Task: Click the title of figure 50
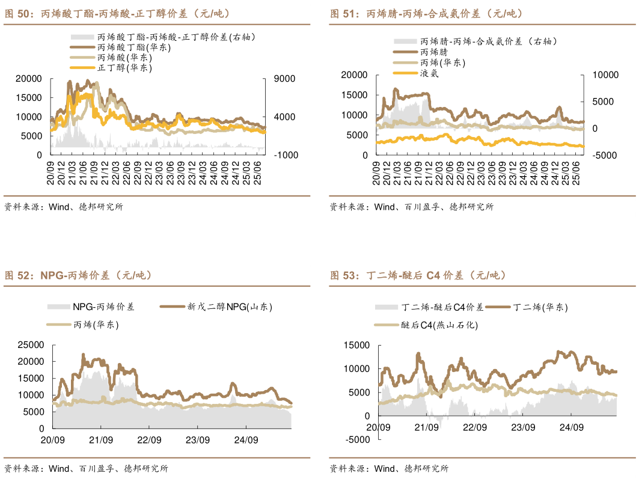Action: pyautogui.click(x=117, y=13)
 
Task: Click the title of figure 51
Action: pyautogui.click(x=426, y=13)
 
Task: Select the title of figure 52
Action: pyautogui.click(x=78, y=275)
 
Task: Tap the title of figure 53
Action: pyautogui.click(x=418, y=275)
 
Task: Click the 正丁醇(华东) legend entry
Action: pyautogui.click(x=124, y=68)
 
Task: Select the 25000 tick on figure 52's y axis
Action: pyautogui.click(x=32, y=345)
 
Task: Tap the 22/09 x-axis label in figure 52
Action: pyautogui.click(x=149, y=440)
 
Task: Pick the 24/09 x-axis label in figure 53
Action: pyautogui.click(x=572, y=427)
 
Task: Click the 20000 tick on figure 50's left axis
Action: pyautogui.click(x=28, y=79)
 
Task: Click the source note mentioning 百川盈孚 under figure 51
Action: pyautogui.click(x=411, y=207)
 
